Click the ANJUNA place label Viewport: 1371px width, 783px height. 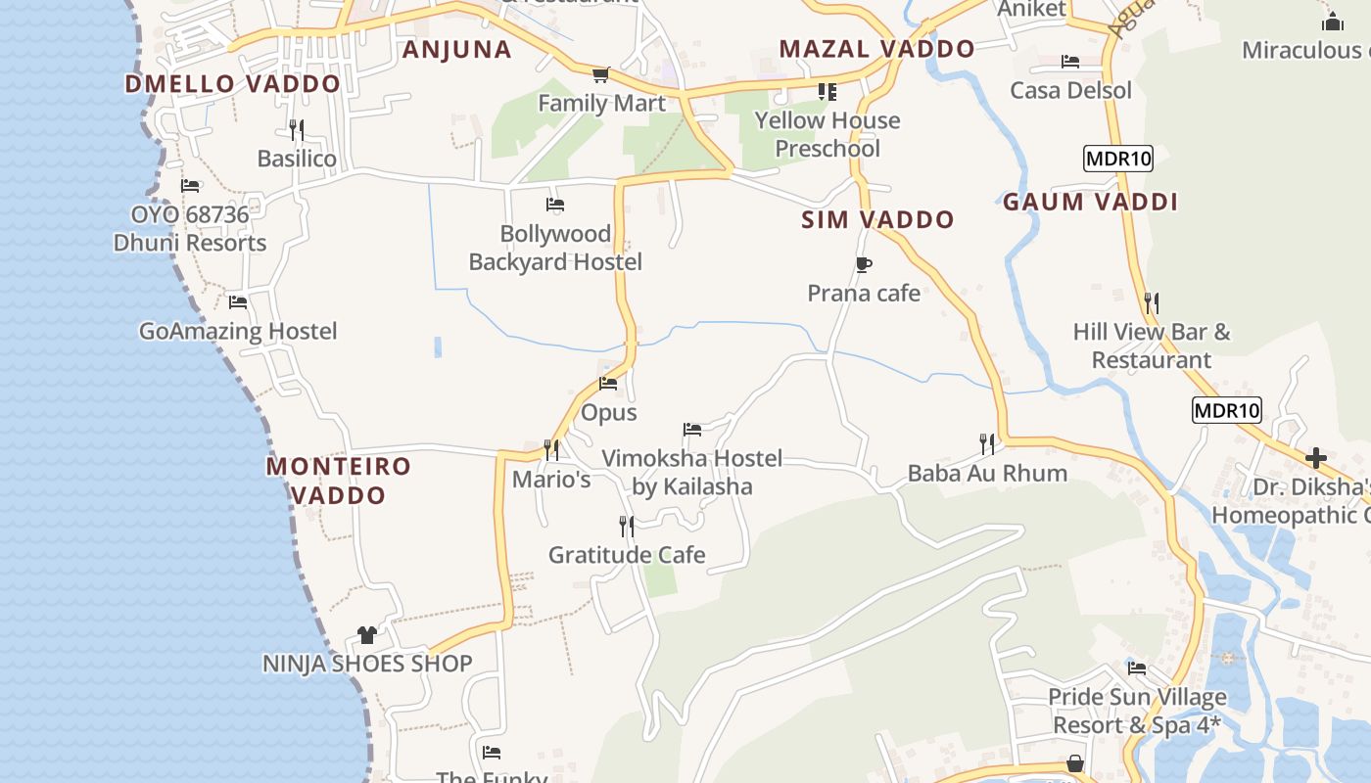(456, 50)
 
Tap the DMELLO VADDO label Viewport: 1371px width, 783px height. (232, 84)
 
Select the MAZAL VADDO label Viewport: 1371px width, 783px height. (876, 49)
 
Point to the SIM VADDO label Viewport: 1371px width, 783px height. (877, 220)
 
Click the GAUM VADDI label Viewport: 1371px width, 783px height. (1090, 203)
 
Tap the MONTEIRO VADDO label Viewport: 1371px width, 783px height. (339, 481)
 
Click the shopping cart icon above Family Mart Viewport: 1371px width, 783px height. (600, 74)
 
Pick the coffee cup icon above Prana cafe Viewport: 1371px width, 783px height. (863, 264)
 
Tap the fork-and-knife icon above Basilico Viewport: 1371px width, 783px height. (296, 129)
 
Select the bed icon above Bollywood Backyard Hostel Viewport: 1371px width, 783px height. (555, 205)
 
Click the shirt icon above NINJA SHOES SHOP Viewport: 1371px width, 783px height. (367, 635)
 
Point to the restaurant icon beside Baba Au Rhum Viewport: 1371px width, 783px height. (987, 444)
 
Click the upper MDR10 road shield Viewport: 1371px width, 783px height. (1117, 159)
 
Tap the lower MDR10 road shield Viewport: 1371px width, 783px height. (1226, 410)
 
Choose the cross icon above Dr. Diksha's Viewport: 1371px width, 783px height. (1316, 457)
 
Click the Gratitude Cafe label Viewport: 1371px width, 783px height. (627, 555)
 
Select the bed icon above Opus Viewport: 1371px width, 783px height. (608, 384)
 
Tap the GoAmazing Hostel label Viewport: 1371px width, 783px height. (238, 332)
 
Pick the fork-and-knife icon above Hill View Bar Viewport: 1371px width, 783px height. (1152, 303)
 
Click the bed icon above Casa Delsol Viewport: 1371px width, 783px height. (1070, 62)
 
